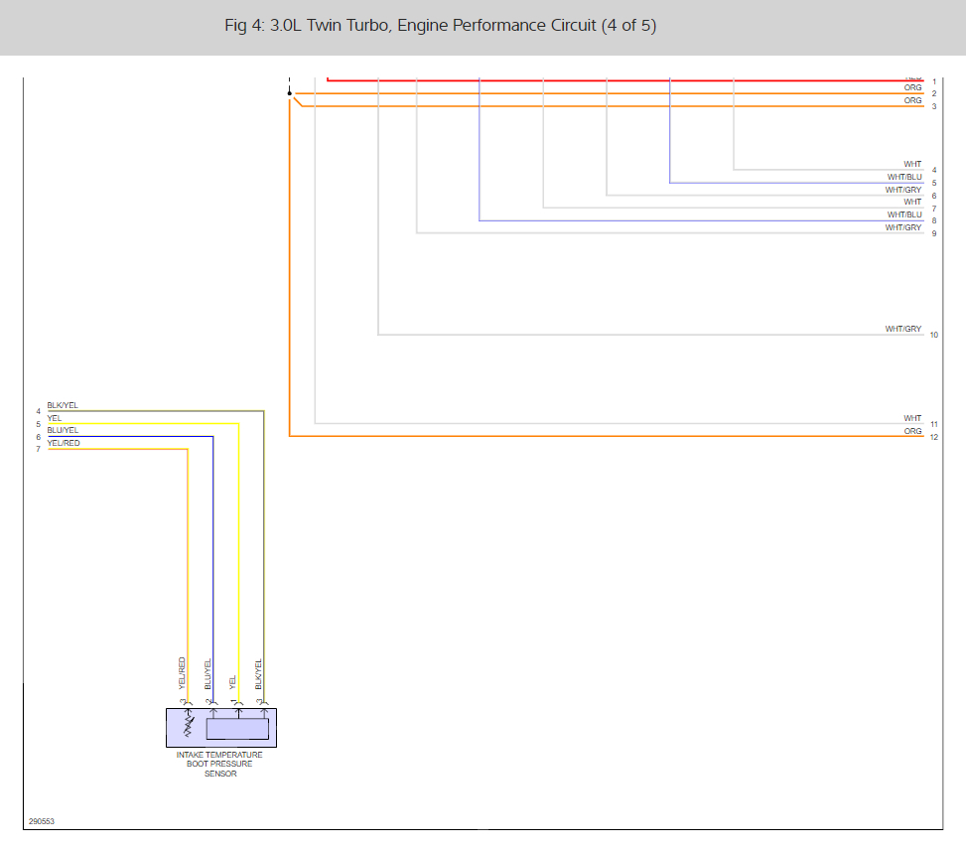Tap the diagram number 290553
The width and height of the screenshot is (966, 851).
(x=42, y=821)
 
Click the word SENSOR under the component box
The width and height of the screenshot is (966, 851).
(x=220, y=774)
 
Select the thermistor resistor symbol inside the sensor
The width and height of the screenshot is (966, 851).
(x=189, y=728)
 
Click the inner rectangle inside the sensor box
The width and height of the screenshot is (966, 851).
(x=237, y=729)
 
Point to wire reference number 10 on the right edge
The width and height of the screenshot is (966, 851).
(x=934, y=336)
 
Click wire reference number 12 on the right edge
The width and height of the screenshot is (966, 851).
(x=934, y=437)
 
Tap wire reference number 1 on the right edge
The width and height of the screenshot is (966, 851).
(x=934, y=81)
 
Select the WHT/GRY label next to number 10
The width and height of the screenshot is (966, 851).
(x=903, y=329)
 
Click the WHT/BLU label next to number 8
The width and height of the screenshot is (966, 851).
(x=904, y=214)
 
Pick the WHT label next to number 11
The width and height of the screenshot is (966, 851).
(x=912, y=418)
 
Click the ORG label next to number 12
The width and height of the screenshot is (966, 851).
(x=912, y=431)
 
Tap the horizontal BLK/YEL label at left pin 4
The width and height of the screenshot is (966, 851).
(x=63, y=405)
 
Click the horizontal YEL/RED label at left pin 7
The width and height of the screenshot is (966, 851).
(x=64, y=443)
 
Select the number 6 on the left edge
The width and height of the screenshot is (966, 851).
(x=39, y=437)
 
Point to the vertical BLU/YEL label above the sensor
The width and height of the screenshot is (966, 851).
(x=208, y=674)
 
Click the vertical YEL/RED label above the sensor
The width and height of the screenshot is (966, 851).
(x=183, y=673)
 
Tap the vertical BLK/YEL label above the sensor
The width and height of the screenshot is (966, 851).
(x=259, y=674)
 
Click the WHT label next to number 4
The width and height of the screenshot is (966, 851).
(x=912, y=164)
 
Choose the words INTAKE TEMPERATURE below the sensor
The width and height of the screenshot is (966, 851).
(x=219, y=755)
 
